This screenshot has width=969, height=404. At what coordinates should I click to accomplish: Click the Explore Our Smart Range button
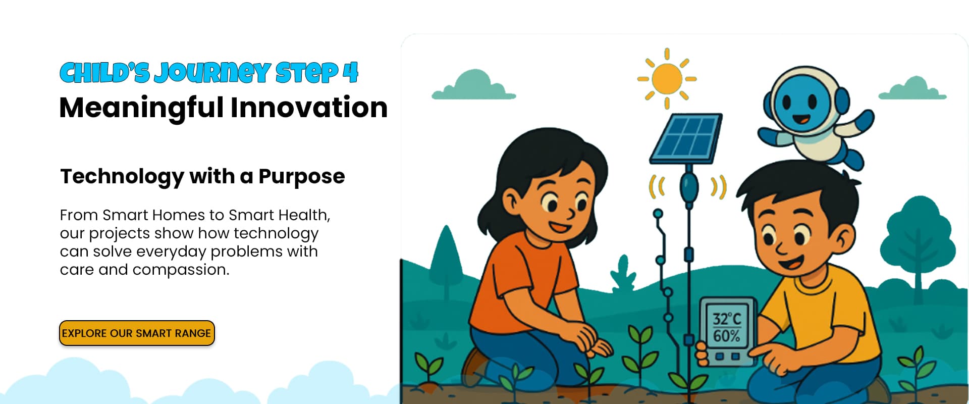[x=137, y=333]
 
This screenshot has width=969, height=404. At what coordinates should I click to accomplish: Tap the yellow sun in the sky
[x=667, y=79]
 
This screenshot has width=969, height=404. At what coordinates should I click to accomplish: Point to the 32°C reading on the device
[x=727, y=319]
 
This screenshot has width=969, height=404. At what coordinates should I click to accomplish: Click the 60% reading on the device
[x=727, y=336]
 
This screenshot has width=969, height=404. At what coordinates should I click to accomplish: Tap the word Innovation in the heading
[x=309, y=108]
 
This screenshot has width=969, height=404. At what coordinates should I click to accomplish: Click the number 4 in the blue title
[x=350, y=73]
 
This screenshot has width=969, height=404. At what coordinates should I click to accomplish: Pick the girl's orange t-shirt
[x=525, y=283]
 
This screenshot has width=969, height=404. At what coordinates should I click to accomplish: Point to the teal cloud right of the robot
[x=912, y=89]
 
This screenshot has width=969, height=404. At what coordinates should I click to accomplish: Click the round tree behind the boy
[x=918, y=242]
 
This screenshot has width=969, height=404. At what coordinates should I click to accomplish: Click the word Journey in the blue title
[x=212, y=73]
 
